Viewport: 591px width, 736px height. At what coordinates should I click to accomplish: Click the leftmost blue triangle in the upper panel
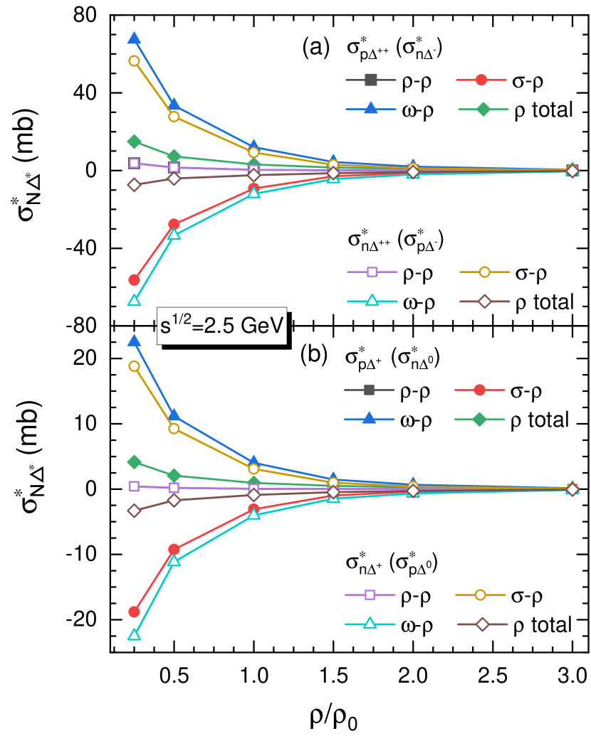tap(134, 38)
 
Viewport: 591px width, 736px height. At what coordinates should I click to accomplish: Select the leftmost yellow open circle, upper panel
tap(134, 60)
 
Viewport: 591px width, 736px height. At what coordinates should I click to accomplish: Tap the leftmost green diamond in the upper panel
tap(134, 142)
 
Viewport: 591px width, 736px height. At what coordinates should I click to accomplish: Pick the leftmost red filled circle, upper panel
tap(134, 279)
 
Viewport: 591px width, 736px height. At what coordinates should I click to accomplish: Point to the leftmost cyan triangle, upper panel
tap(134, 300)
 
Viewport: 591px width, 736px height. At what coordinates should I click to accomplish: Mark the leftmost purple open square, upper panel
tap(134, 163)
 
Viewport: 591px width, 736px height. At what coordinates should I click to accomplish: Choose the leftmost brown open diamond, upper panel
tap(134, 184)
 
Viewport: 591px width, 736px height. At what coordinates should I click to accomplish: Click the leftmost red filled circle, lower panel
tap(134, 612)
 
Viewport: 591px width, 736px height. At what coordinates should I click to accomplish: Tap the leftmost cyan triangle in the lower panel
tap(134, 634)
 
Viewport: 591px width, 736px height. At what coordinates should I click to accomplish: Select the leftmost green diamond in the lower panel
tap(134, 462)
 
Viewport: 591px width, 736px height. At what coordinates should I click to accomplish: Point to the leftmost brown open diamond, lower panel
tap(134, 510)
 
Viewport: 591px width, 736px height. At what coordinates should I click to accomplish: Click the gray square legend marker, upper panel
tap(370, 80)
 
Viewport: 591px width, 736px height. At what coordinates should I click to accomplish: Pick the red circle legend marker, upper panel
tap(481, 80)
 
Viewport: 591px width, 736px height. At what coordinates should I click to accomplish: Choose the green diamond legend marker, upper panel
tap(483, 109)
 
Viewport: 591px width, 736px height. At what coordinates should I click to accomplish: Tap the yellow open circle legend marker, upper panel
tap(484, 272)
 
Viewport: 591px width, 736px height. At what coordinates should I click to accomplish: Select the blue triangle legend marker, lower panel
tap(369, 419)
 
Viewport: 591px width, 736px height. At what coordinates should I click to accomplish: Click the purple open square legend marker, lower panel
tap(370, 594)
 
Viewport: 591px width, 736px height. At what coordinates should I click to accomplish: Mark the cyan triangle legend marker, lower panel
tap(370, 624)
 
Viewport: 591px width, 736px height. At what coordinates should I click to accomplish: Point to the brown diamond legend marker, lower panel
tap(482, 624)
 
